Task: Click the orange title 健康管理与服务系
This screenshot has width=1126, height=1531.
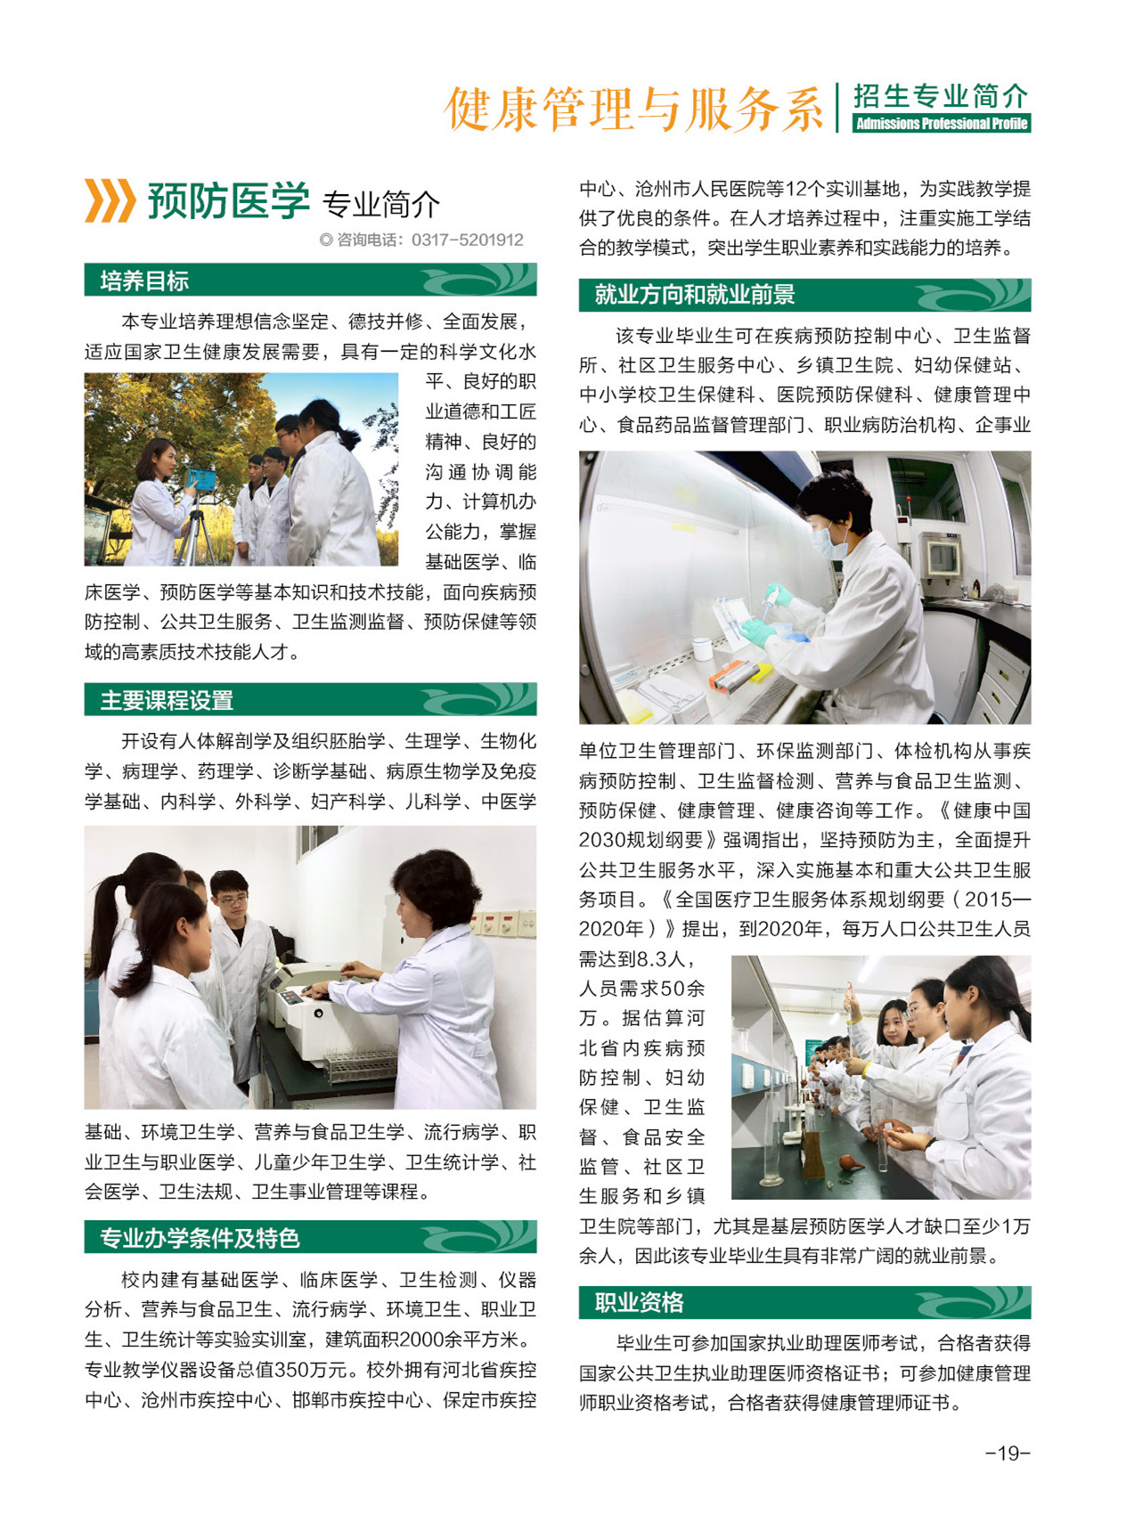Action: tap(634, 110)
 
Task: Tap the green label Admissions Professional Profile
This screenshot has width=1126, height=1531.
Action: tap(942, 124)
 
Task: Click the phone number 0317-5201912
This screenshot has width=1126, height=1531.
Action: tap(468, 240)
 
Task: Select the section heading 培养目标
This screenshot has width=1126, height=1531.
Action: tap(144, 281)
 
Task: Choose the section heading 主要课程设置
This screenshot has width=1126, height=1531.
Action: tap(167, 700)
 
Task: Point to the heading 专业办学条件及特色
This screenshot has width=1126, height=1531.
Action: tap(200, 1238)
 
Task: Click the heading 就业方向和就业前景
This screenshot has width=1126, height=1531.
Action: tap(695, 295)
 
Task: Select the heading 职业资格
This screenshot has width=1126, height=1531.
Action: tap(639, 1303)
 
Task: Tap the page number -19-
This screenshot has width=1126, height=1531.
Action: tap(1008, 1453)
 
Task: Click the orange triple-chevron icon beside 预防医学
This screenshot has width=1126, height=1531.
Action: tap(110, 200)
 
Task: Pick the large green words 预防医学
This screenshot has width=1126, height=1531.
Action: tap(229, 200)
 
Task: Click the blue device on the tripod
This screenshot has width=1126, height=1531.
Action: tap(201, 479)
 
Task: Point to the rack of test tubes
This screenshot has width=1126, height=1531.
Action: tap(359, 1063)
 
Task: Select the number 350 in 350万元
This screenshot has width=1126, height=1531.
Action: tap(275, 1370)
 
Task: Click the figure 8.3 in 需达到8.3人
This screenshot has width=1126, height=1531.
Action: tap(655, 959)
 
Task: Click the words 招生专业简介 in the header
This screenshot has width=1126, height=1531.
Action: tap(941, 96)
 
